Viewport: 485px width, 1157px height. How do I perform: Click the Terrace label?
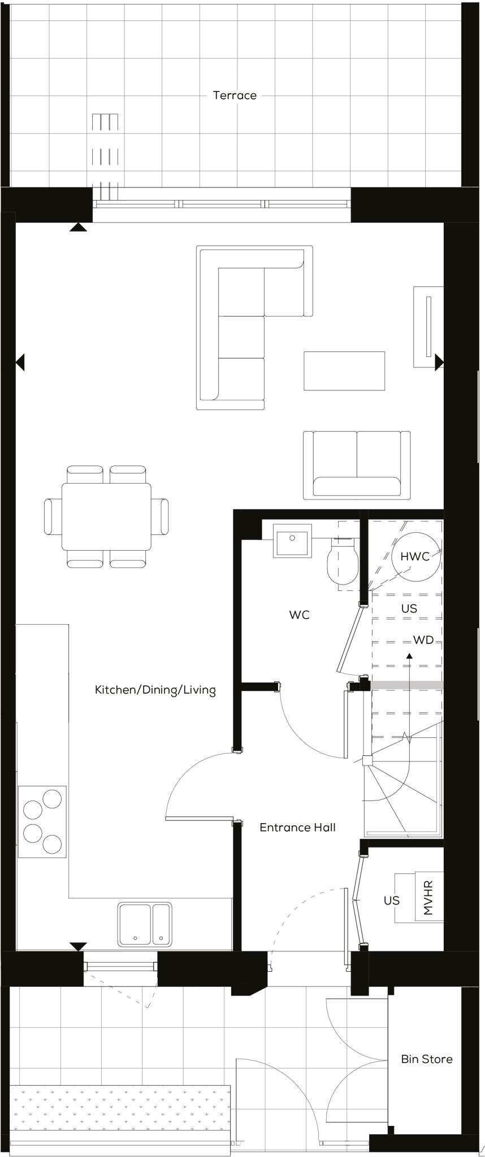pos(235,95)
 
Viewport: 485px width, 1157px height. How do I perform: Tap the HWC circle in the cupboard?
pos(415,556)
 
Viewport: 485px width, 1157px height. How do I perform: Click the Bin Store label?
pos(426,1059)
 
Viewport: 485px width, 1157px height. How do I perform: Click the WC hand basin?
pos(292,541)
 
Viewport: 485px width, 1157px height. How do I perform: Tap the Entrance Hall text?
pos(297,827)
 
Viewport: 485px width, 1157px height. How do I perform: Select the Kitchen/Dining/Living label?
pos(155,690)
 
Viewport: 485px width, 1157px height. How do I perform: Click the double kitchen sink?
pos(144,924)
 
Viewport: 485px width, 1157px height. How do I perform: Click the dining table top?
pos(106,516)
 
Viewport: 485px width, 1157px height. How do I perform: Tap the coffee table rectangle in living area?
pos(344,371)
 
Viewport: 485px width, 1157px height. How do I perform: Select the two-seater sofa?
pos(356,464)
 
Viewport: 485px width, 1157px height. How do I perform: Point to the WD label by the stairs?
pos(423,640)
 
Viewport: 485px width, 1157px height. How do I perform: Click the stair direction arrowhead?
pos(409,655)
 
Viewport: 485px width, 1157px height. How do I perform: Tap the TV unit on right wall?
pos(427,327)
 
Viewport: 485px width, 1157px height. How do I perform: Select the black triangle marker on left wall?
pos(20,362)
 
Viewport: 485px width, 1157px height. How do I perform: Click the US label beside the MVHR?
pos(391,900)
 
